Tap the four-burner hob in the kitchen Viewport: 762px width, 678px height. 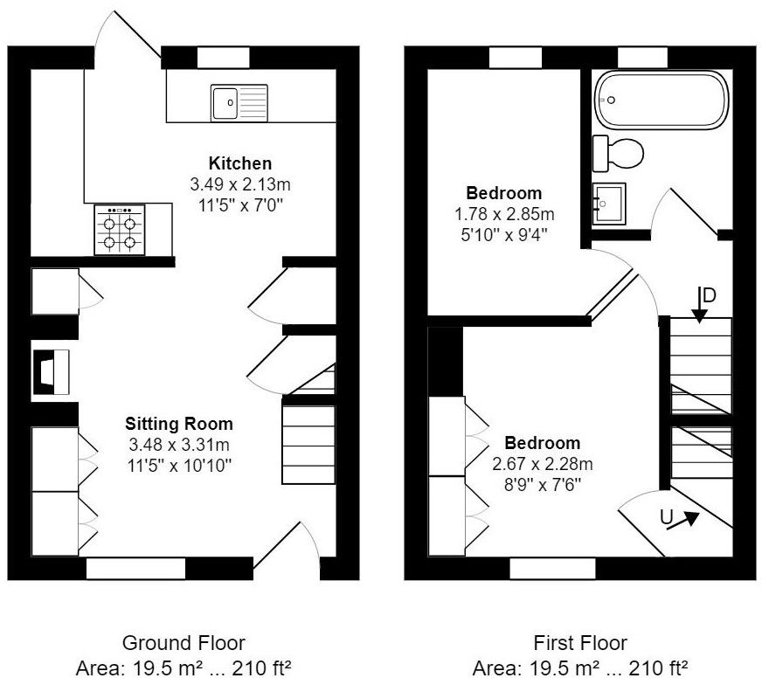(x=120, y=231)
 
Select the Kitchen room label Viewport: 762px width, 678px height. (x=239, y=163)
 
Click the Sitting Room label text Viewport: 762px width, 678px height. (x=178, y=424)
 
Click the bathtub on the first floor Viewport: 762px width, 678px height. (x=661, y=100)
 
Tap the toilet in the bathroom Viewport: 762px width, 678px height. (x=618, y=153)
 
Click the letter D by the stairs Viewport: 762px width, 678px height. (x=710, y=295)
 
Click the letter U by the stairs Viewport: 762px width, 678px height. (x=667, y=517)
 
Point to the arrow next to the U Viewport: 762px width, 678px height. (x=689, y=520)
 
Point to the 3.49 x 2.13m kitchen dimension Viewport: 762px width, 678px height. (x=239, y=184)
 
